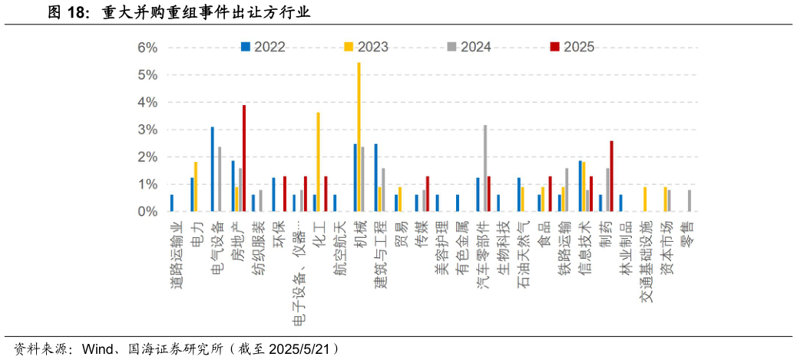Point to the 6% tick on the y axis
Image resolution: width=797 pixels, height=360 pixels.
(147, 48)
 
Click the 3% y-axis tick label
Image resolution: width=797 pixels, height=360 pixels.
(147, 130)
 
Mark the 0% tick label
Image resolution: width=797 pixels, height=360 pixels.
(147, 212)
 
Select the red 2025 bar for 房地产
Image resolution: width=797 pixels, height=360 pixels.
(244, 158)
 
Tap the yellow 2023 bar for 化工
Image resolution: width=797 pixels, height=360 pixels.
(318, 162)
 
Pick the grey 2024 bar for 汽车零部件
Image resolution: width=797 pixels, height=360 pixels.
(485, 168)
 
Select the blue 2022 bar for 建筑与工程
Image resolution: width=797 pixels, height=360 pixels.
(375, 177)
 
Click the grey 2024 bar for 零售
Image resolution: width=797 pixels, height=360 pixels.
(690, 200)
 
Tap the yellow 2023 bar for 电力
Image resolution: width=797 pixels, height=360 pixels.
(196, 187)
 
